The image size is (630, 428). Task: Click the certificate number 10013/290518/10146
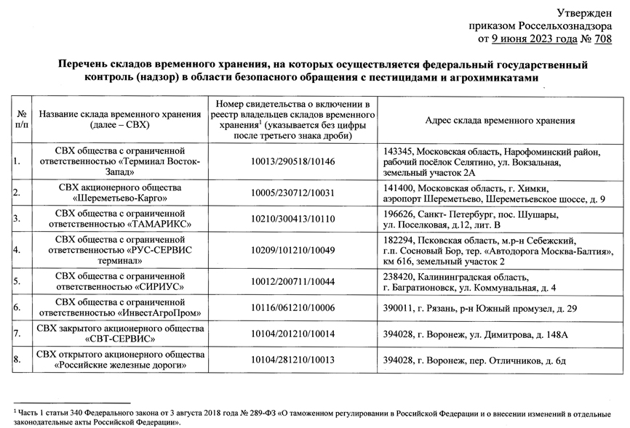(292, 161)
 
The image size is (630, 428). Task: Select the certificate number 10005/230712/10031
(292, 193)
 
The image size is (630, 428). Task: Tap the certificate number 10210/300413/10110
(292, 218)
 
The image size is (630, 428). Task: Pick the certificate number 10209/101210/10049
(292, 249)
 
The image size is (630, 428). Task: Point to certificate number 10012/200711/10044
(292, 281)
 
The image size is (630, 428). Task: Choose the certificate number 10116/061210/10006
(292, 308)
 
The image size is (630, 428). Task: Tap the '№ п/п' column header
(22, 120)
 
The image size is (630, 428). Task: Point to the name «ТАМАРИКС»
(156, 224)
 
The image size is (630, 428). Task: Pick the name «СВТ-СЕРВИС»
(121, 339)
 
